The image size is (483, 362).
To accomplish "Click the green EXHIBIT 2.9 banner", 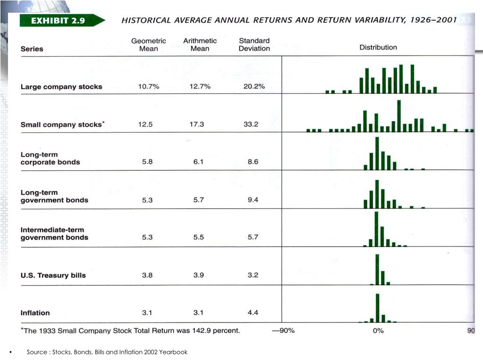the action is (62, 20).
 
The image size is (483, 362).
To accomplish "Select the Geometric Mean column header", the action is (149, 45).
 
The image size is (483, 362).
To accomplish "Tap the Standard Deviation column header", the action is (254, 45).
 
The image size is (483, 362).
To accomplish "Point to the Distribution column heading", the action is (378, 48).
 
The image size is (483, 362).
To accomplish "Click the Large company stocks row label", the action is (61, 87).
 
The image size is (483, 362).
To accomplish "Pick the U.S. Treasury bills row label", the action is (53, 275).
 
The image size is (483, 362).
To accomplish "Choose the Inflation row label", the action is (35, 313).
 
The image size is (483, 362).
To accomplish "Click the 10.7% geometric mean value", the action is (149, 87).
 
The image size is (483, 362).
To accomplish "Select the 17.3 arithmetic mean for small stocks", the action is (197, 124).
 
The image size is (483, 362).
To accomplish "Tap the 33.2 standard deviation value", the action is (251, 124).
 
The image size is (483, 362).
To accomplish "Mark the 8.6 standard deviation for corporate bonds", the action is (253, 162).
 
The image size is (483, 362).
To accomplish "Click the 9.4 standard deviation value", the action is (253, 200).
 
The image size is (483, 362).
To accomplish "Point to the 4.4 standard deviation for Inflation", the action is (253, 313).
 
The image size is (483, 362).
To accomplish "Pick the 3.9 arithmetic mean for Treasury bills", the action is (199, 275).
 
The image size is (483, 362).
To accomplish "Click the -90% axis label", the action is (283, 330).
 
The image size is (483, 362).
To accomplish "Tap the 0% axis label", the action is (378, 330).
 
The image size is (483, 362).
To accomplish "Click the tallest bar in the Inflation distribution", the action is (378, 308).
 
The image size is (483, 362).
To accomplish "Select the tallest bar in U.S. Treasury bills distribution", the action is (377, 269).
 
